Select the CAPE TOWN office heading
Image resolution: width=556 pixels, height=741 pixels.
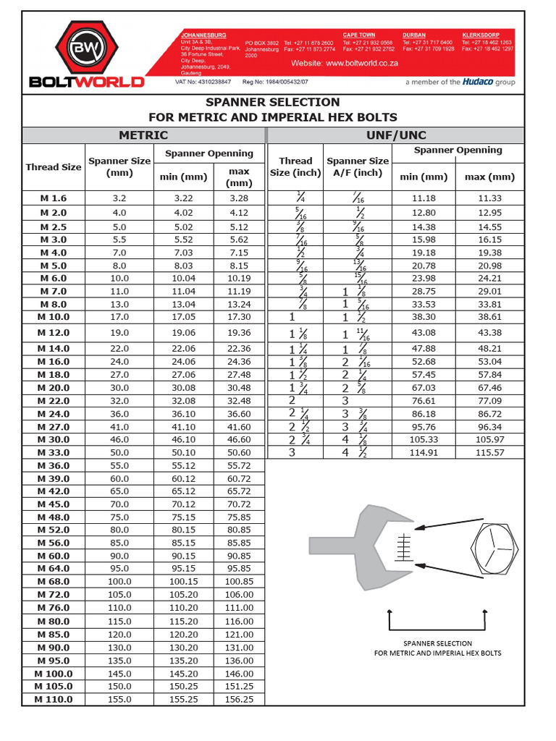(359, 35)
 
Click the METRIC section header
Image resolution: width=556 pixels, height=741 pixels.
(143, 135)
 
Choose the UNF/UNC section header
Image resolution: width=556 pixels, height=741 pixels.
(396, 135)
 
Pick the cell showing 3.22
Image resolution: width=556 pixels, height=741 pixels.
(184, 198)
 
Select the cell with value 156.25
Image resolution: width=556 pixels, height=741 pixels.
(239, 700)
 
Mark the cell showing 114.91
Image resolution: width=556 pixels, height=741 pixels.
(424, 452)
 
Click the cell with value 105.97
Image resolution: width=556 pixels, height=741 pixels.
(489, 439)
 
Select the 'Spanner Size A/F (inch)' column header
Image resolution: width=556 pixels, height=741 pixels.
(358, 167)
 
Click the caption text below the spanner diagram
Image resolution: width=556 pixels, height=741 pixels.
(437, 648)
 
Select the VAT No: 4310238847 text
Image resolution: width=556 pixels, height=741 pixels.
(203, 82)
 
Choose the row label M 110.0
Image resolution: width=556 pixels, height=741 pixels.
(53, 700)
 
